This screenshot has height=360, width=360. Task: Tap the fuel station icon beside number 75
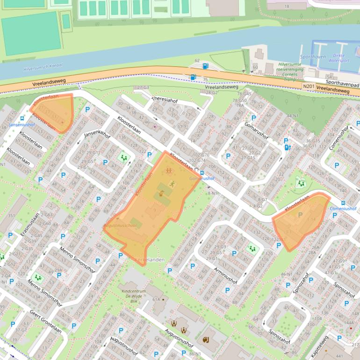193,77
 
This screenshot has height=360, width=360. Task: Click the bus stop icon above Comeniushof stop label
344,203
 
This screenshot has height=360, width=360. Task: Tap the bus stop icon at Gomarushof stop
202,173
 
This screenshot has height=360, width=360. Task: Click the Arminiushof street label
226,275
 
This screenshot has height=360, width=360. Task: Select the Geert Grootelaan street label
45,322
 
